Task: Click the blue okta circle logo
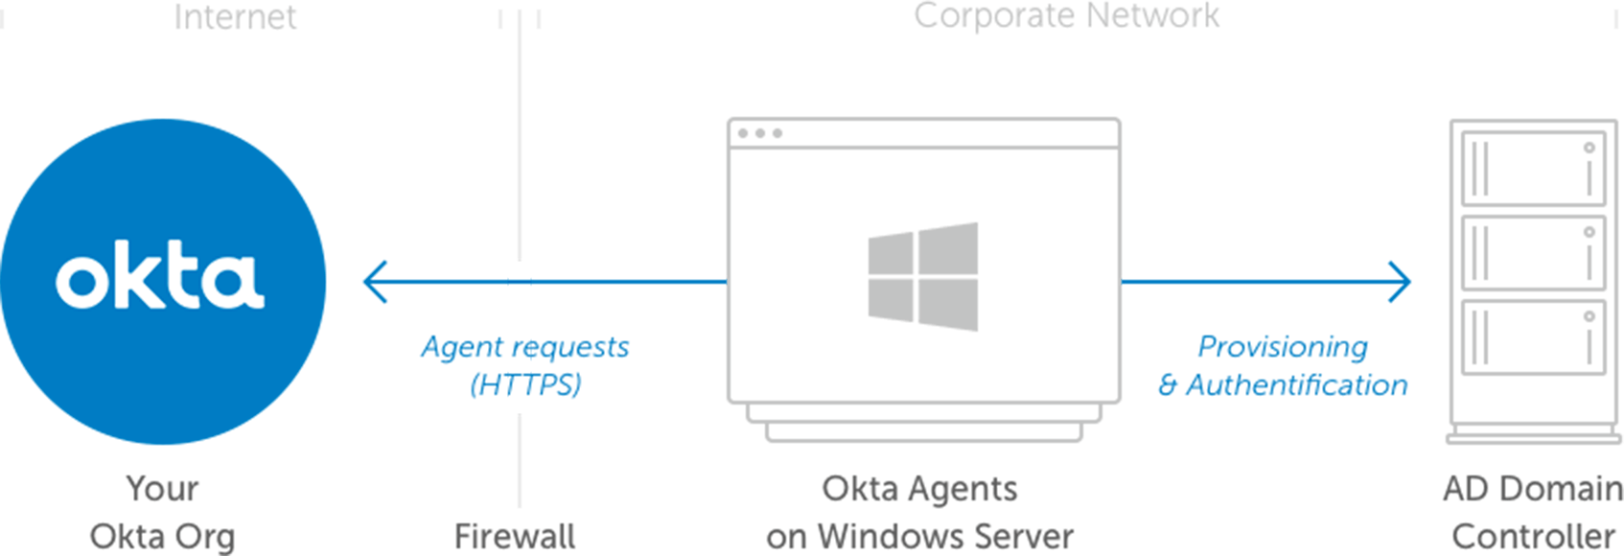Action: pyautogui.click(x=163, y=281)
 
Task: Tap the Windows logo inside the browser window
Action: pyautogui.click(x=922, y=277)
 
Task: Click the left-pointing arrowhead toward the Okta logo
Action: pyautogui.click(x=376, y=282)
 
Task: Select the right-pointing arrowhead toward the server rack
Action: pyautogui.click(x=1400, y=282)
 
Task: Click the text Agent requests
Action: pyautogui.click(x=525, y=346)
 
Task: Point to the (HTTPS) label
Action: pyautogui.click(x=525, y=384)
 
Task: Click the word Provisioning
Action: pyautogui.click(x=1283, y=346)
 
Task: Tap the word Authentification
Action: pyautogui.click(x=1296, y=384)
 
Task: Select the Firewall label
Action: pyautogui.click(x=515, y=536)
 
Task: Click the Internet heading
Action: pyautogui.click(x=235, y=16)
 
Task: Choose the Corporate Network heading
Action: pyautogui.click(x=1066, y=15)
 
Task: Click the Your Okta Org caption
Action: pyautogui.click(x=162, y=512)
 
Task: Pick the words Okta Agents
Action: pyautogui.click(x=919, y=488)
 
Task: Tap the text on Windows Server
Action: pyautogui.click(x=919, y=536)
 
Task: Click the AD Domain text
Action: pyautogui.click(x=1533, y=488)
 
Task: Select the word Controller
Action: pyautogui.click(x=1533, y=536)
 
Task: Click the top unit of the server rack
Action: pyautogui.click(x=1533, y=168)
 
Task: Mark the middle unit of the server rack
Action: pyautogui.click(x=1533, y=253)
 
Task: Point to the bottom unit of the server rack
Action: pyautogui.click(x=1533, y=337)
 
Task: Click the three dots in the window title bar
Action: pyautogui.click(x=760, y=133)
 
